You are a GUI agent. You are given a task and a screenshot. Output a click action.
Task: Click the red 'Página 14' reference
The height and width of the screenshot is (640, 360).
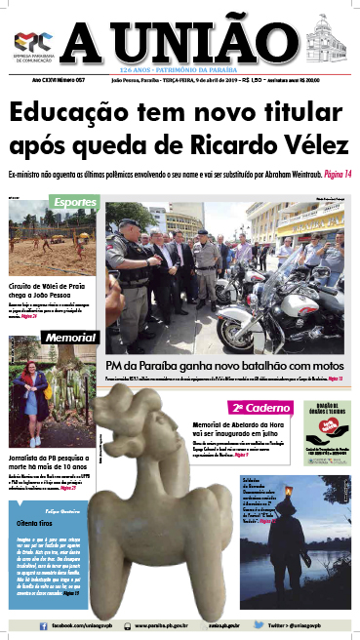(333, 174)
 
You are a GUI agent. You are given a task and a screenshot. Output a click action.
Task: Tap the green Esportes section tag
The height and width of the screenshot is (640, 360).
(74, 204)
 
